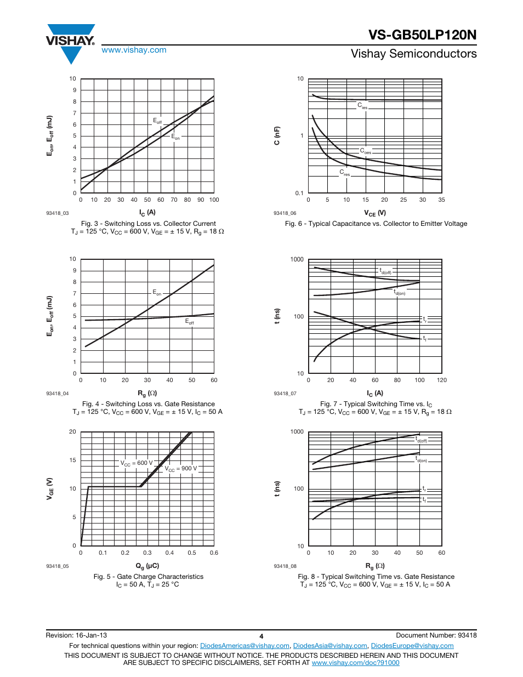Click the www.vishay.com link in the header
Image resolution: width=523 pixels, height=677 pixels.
click(134, 50)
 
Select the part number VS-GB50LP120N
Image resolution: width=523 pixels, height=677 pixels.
click(422, 35)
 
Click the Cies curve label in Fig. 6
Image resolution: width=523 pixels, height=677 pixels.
click(362, 106)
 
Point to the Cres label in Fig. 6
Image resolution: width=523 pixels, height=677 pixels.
click(344, 173)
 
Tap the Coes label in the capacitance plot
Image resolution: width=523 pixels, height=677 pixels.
click(366, 151)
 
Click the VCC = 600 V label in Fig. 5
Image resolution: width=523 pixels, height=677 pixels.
click(137, 463)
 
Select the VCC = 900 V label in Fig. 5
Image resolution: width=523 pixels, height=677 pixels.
click(181, 469)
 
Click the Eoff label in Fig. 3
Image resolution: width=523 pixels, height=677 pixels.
click(157, 121)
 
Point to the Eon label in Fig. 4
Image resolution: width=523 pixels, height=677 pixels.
click(157, 293)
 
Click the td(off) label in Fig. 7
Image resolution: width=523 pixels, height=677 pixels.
click(385, 271)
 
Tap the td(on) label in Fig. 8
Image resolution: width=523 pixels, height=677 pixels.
click(421, 459)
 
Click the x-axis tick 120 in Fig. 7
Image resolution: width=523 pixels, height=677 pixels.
click(441, 380)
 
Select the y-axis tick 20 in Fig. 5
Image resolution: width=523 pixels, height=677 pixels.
click(72, 431)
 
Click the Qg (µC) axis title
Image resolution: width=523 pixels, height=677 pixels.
click(147, 566)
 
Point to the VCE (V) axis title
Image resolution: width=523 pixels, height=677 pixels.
click(375, 213)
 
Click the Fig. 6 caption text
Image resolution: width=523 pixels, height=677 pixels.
click(376, 224)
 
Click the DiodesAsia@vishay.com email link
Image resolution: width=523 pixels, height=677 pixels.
click(330, 646)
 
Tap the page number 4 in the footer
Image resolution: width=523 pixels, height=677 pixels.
click(261, 636)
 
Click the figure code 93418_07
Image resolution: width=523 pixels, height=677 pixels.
click(285, 394)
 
